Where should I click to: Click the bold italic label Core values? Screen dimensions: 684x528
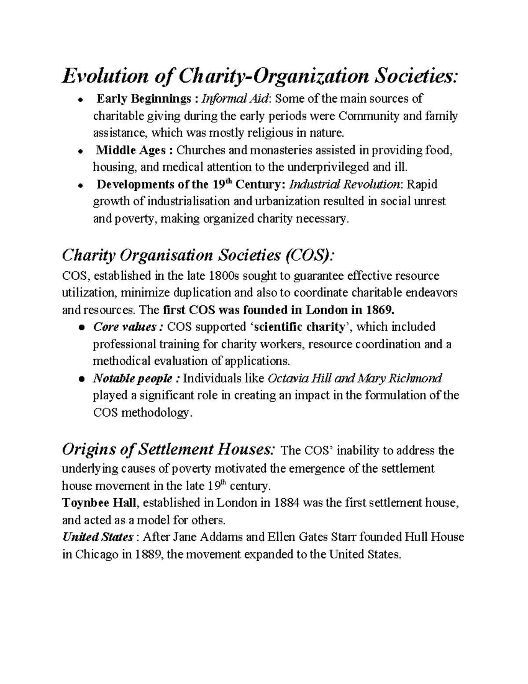(x=125, y=327)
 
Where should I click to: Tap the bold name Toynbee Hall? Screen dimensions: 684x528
(x=99, y=503)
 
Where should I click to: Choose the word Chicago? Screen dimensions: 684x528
(x=95, y=554)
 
